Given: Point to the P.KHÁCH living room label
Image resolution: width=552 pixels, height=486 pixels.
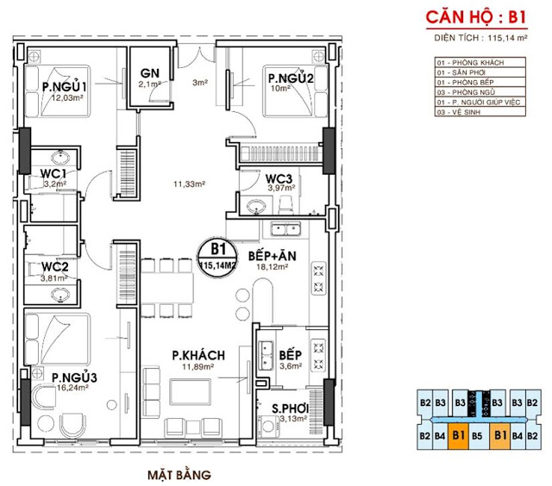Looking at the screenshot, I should (198, 354).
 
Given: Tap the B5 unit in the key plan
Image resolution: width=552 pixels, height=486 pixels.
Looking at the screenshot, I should (477, 436).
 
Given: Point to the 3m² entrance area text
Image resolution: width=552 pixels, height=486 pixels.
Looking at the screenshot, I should (201, 82).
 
